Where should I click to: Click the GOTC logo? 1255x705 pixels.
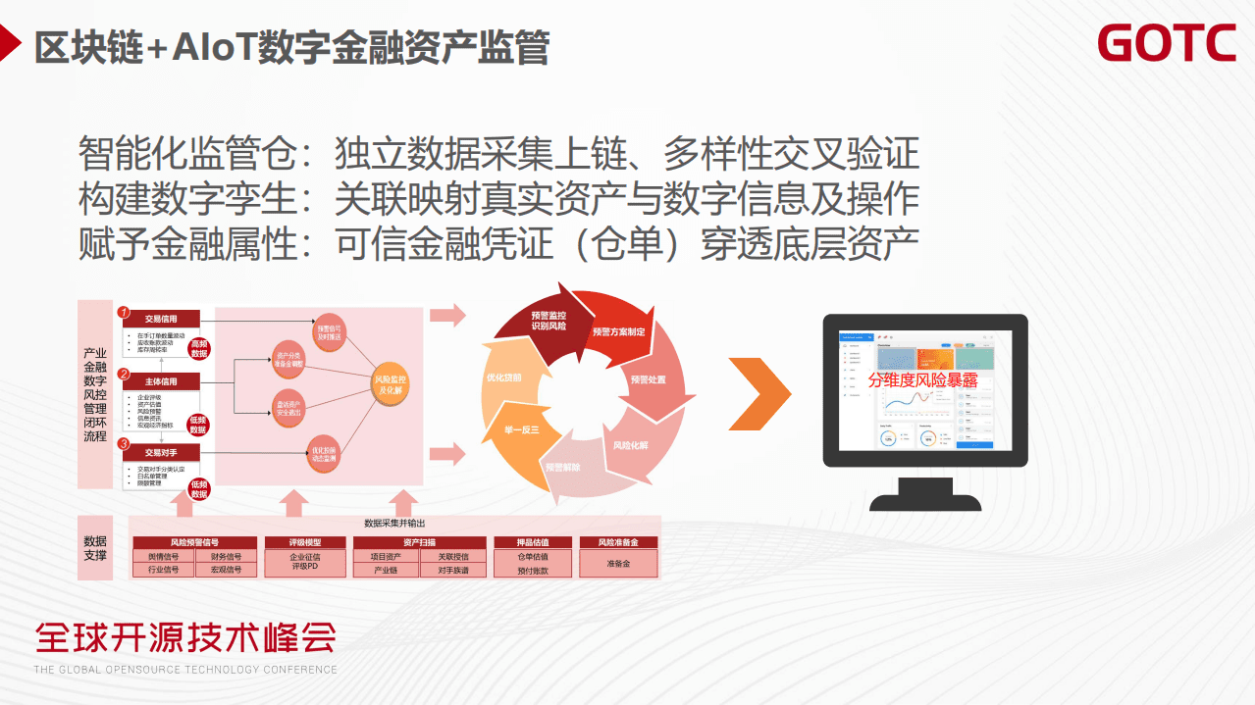(x=1167, y=44)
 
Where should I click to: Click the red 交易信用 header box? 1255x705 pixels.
(x=161, y=319)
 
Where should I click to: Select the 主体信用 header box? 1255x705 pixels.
(x=161, y=381)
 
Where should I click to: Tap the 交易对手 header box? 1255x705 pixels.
(x=161, y=452)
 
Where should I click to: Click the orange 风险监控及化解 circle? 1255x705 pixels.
(x=392, y=384)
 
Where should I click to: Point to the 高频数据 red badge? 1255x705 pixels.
(x=199, y=348)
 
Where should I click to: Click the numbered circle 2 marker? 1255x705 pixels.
(x=124, y=374)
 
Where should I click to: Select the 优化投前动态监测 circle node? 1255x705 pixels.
(x=326, y=454)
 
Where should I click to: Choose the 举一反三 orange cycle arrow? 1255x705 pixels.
(x=521, y=431)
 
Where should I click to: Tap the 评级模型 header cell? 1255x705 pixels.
(x=305, y=542)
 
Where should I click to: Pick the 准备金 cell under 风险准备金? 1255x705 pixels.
(x=618, y=564)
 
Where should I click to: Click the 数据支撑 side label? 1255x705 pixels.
(x=95, y=548)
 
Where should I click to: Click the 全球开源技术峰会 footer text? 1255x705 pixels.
(x=185, y=638)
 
